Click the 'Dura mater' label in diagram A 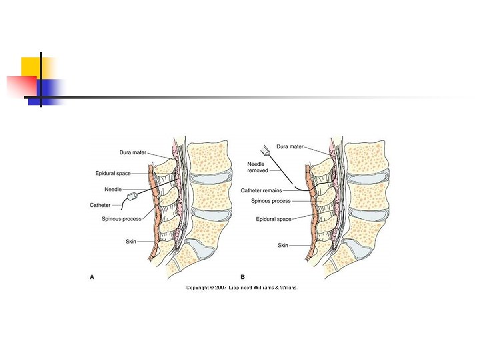(133, 152)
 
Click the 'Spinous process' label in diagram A (121, 219)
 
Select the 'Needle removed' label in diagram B (257, 167)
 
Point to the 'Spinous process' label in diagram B (271, 200)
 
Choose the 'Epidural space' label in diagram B (273, 219)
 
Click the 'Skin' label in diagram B (283, 245)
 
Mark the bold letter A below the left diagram (93, 275)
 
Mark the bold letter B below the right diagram (242, 275)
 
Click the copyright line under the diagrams (241, 287)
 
